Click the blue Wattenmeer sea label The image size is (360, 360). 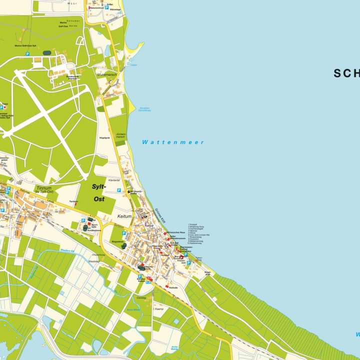173,142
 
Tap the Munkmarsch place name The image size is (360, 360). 106,74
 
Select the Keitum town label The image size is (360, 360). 123,216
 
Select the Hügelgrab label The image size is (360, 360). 104,136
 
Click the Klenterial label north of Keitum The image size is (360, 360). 114,180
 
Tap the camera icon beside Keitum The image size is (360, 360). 145,216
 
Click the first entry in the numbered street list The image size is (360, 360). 192,225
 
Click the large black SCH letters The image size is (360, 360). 346,73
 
